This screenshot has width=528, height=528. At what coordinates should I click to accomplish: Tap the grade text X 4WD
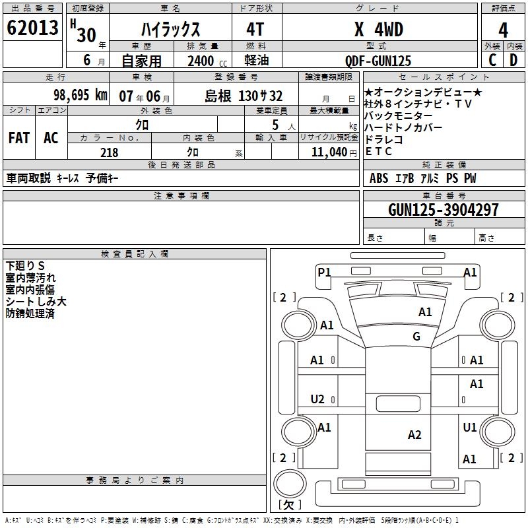[378, 30]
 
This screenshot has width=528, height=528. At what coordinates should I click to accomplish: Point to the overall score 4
[503, 30]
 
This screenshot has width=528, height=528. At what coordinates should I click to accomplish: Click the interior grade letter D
[513, 60]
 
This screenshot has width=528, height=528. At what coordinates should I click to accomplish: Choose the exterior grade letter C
[492, 60]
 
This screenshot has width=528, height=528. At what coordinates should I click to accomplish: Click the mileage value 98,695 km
[80, 94]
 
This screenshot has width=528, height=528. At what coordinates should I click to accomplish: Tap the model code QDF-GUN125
[378, 61]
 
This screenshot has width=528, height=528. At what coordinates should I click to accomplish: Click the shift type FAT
[19, 138]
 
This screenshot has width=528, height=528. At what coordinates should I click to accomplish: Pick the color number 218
[109, 152]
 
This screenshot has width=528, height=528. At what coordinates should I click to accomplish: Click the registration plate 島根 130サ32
[244, 95]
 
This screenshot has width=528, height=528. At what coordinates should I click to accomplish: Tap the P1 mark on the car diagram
[324, 273]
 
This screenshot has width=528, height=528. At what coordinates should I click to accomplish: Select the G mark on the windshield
[416, 337]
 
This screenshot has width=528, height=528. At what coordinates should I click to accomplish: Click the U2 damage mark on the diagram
[317, 399]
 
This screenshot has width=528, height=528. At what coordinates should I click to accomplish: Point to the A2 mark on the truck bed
[414, 435]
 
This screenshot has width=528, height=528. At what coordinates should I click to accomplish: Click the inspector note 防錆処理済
[30, 313]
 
